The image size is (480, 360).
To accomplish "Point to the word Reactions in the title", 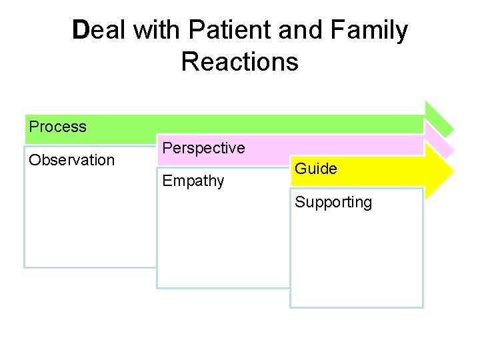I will click(x=239, y=62).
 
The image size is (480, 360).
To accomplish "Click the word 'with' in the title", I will click(x=158, y=31).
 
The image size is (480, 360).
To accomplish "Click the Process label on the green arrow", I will click(x=58, y=127).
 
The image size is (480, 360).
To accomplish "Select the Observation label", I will click(x=72, y=160).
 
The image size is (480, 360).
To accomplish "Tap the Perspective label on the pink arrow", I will click(x=204, y=148).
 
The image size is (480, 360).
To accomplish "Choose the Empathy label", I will click(x=193, y=181).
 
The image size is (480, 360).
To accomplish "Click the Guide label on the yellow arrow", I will click(x=316, y=169).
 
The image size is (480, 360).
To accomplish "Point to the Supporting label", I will click(x=333, y=202).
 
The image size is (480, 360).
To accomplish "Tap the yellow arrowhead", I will click(x=440, y=173).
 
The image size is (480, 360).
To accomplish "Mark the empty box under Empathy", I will click(x=223, y=240).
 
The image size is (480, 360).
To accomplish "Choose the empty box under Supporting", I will click(x=357, y=260).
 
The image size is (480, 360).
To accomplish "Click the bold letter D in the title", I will click(x=80, y=31).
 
